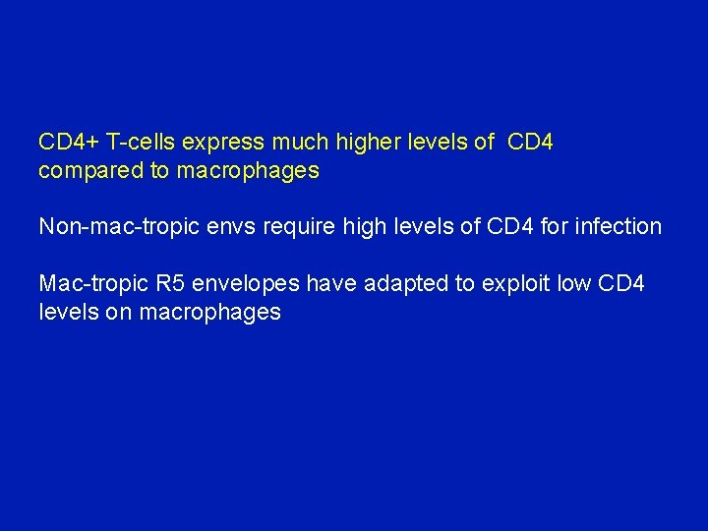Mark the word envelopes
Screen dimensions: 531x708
[x=244, y=285]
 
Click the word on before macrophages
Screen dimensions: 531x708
[x=120, y=313]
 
